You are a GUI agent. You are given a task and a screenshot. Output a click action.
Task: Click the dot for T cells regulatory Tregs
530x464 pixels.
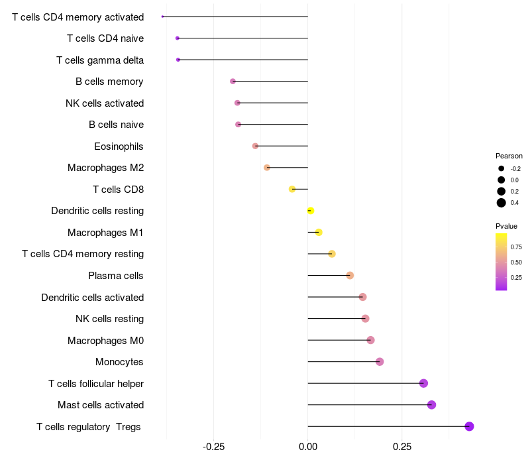tap(469, 426)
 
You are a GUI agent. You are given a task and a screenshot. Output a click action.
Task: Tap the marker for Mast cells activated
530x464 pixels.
tap(431, 405)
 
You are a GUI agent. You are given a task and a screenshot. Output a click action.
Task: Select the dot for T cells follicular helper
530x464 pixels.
tap(423, 383)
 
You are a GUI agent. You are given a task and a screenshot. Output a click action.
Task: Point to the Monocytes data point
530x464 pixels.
tap(380, 362)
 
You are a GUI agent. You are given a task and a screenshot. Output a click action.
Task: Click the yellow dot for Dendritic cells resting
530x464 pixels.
tap(310, 211)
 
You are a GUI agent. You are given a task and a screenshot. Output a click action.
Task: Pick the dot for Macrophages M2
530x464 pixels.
tap(267, 168)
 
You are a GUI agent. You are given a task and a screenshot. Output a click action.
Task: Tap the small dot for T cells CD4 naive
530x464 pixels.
tap(177, 38)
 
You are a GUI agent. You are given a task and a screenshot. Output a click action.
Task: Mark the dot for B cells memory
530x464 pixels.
tap(233, 82)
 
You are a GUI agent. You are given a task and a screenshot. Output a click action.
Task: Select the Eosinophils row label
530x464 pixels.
tap(119, 146)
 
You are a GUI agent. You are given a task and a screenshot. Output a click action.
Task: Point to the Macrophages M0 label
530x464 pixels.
tap(105, 341)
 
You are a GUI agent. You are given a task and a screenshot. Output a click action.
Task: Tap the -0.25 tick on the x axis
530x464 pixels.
tap(213, 448)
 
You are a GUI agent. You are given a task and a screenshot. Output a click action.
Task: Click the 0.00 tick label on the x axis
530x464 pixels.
tap(308, 448)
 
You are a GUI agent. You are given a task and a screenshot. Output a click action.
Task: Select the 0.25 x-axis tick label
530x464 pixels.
tap(402, 448)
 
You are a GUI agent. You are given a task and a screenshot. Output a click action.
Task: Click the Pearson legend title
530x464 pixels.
tap(509, 156)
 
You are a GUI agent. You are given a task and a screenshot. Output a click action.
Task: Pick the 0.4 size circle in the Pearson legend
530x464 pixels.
tap(502, 203)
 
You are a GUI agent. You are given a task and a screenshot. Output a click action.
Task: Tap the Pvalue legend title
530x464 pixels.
tap(507, 226)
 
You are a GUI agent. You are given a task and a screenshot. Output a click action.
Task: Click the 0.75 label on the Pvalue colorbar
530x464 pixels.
tap(516, 247)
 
